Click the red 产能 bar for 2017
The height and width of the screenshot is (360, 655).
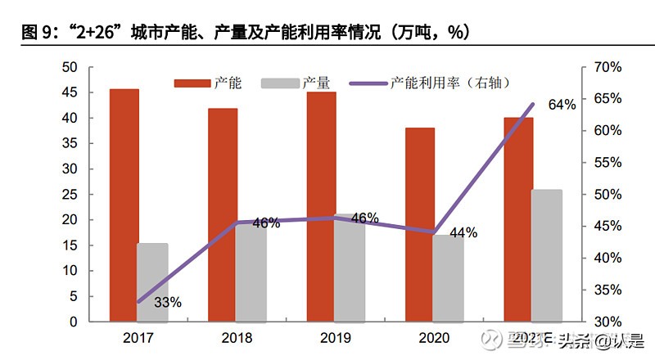[x=124, y=205]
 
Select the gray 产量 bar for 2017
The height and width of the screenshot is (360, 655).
[x=152, y=282]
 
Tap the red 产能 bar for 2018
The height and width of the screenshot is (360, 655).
[x=223, y=214]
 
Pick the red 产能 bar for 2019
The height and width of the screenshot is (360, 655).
[x=321, y=206]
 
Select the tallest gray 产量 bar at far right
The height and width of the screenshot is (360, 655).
[x=547, y=255]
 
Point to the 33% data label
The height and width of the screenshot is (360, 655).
[x=167, y=303]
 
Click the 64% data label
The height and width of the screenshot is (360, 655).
[x=562, y=105]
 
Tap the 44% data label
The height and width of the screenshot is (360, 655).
[x=463, y=232]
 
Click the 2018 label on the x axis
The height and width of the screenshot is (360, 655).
[x=237, y=337]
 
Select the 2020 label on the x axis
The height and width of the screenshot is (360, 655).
[x=433, y=337]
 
